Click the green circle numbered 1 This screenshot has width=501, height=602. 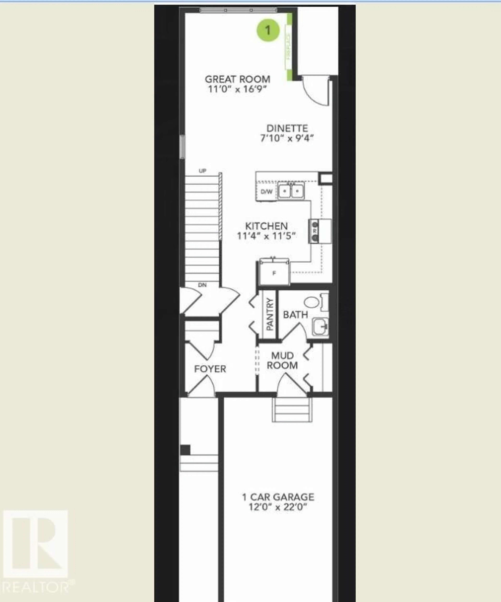click(268, 30)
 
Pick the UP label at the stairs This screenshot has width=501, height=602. click(202, 171)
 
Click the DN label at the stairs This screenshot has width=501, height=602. click(202, 285)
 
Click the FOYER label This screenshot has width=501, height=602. click(210, 369)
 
